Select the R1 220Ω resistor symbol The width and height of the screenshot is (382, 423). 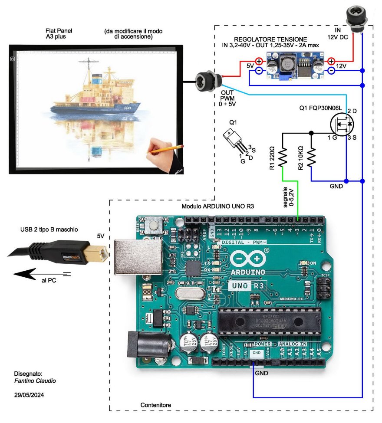click(x=283, y=158)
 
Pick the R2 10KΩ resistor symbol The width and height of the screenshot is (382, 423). click(x=311, y=158)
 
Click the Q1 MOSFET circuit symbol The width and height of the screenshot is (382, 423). click(x=342, y=124)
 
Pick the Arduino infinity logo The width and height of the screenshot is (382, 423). click(x=249, y=259)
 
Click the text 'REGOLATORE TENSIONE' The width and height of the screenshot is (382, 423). click(x=270, y=39)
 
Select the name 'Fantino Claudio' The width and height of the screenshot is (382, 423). click(x=35, y=380)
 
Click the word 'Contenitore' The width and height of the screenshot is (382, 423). click(x=155, y=405)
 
